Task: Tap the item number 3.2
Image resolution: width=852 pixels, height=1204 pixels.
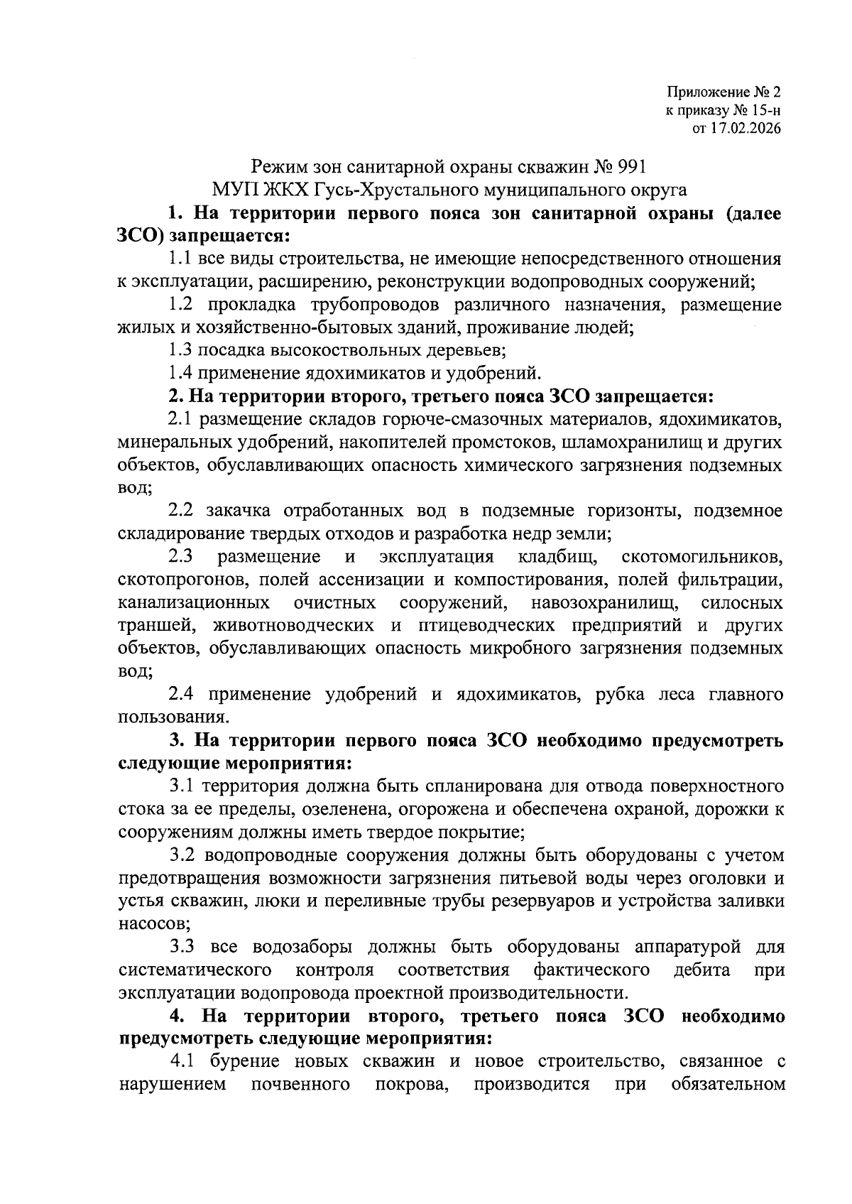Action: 182,855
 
